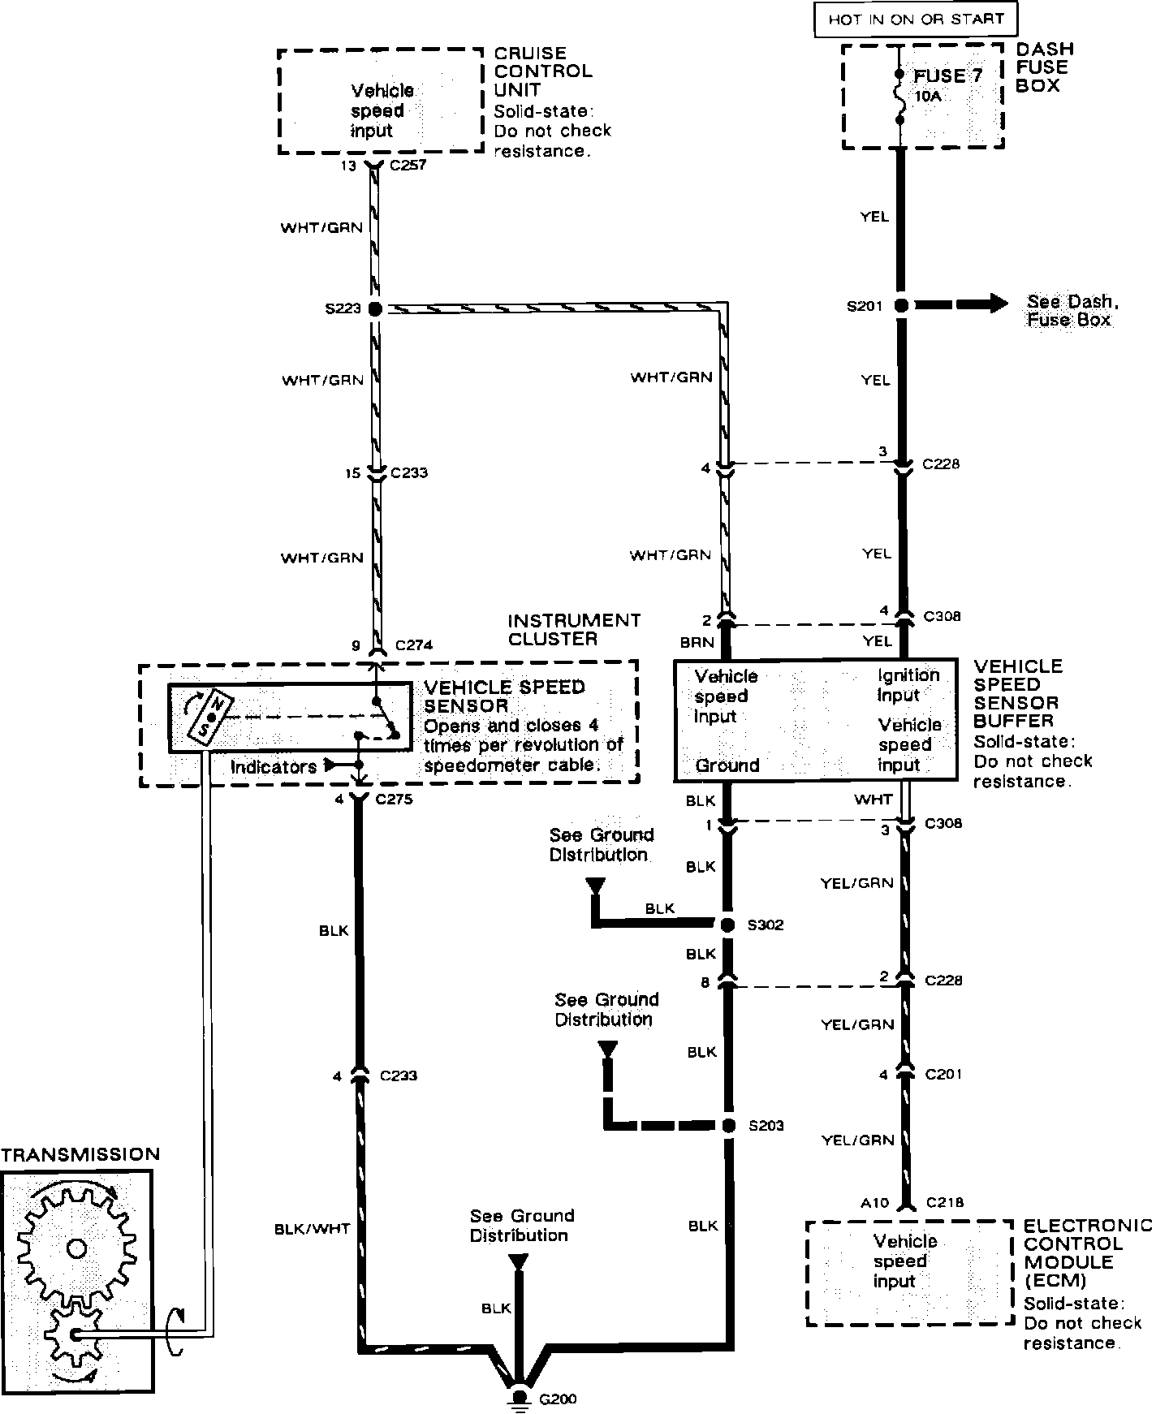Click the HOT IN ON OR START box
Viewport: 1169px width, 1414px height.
(915, 19)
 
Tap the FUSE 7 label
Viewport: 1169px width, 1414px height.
(948, 76)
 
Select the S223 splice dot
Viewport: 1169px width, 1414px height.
(374, 308)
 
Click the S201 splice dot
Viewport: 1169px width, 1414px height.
(900, 306)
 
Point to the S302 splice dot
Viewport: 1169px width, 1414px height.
(728, 925)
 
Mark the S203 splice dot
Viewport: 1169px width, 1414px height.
(729, 1125)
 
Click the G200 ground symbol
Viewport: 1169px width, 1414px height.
(519, 1398)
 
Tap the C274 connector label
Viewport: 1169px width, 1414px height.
(414, 646)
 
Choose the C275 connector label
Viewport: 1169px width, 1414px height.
(395, 800)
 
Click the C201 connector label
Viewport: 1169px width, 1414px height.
(944, 1075)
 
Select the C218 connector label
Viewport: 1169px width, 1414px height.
(944, 1203)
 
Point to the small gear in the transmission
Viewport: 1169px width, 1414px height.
(74, 1335)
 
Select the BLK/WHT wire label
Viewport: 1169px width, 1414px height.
(313, 1229)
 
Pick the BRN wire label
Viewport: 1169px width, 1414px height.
(698, 642)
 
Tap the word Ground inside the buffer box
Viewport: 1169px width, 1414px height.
(727, 765)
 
